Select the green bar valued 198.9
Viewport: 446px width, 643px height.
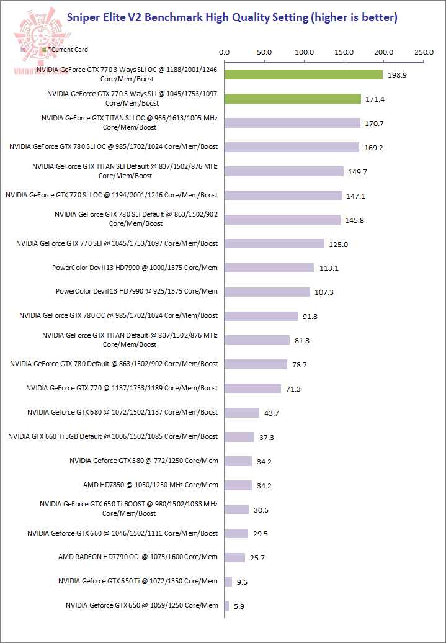(x=303, y=74)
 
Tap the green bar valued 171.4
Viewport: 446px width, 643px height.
(x=292, y=99)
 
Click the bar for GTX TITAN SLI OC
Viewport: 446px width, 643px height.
(x=292, y=123)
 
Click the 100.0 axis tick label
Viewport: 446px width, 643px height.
(x=305, y=53)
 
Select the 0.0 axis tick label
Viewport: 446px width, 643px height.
(x=225, y=53)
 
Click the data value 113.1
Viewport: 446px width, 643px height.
(x=329, y=268)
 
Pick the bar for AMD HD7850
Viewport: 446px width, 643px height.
(x=238, y=485)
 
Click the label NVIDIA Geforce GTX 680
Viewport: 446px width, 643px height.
(x=123, y=412)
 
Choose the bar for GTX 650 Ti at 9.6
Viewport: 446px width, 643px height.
(x=228, y=582)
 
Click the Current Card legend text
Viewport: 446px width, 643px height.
(x=69, y=49)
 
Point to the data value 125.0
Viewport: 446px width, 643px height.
(x=339, y=244)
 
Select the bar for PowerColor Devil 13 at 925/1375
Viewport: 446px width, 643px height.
(x=267, y=292)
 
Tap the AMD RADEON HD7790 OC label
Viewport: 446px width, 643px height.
(x=138, y=557)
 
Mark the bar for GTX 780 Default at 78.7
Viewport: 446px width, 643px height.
(x=256, y=364)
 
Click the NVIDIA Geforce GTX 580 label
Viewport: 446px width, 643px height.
(x=144, y=461)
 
